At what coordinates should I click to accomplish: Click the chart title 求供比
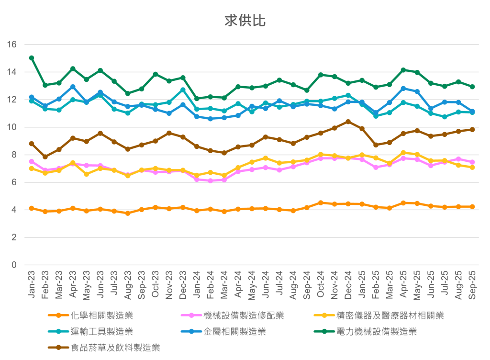click(x=245, y=21)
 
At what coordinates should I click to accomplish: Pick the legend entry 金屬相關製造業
click(x=234, y=332)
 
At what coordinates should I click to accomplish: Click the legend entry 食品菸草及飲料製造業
click(x=115, y=348)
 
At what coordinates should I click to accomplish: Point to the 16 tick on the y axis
click(x=12, y=45)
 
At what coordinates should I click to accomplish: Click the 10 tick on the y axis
click(x=12, y=127)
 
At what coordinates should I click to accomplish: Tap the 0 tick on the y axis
click(x=14, y=265)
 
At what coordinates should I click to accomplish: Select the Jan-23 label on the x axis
click(x=32, y=286)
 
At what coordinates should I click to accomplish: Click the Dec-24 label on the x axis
click(x=348, y=286)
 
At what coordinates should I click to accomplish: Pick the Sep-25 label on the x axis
click(x=472, y=286)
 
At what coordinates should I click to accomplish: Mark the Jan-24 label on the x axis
click(x=197, y=286)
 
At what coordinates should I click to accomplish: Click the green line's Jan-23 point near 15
click(x=32, y=58)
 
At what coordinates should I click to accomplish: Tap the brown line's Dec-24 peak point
click(x=348, y=121)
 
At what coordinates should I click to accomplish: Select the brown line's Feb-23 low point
click(x=45, y=157)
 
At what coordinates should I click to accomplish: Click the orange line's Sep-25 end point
click(x=472, y=207)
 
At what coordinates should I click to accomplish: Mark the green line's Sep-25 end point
click(x=472, y=87)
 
